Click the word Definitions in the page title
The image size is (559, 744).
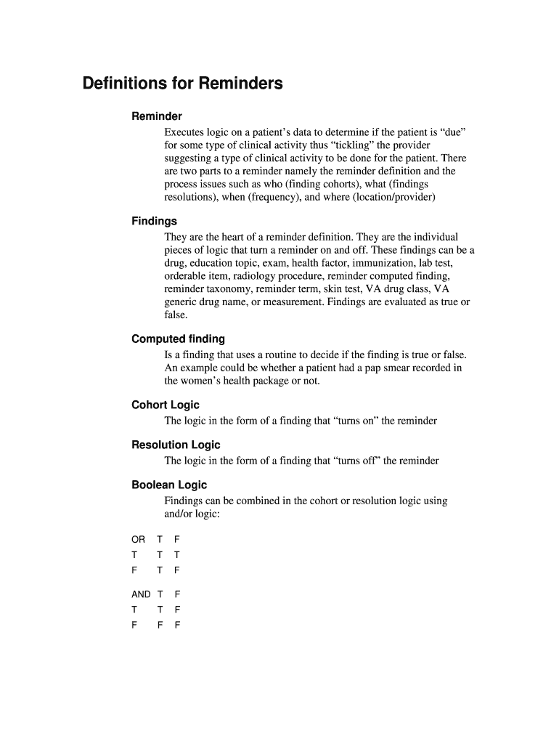[124, 84]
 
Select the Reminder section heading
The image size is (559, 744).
[157, 116]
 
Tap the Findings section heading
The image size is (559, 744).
[154, 221]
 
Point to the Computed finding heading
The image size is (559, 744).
[178, 339]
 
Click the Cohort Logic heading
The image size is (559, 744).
[166, 405]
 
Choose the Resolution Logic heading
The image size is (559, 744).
[176, 445]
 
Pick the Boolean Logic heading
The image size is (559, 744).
[169, 485]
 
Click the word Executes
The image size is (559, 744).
[184, 132]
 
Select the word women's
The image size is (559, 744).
[206, 381]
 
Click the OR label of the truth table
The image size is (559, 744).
[138, 539]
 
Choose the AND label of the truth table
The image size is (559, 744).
[141, 594]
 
